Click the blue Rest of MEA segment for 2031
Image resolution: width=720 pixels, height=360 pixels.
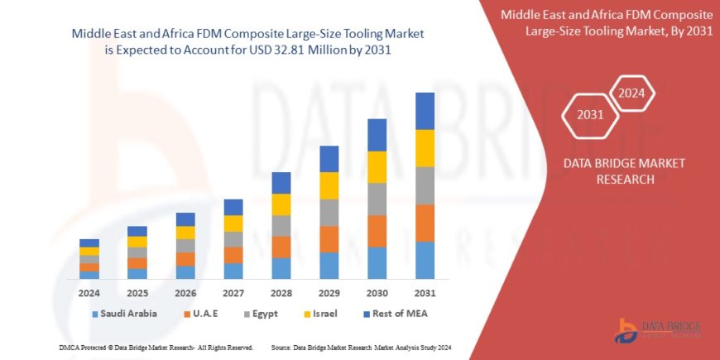(425, 111)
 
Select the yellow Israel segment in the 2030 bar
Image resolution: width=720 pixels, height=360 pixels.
(377, 167)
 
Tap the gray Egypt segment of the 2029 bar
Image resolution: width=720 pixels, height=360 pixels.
(329, 213)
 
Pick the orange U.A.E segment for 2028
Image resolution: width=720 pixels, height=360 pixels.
(281, 247)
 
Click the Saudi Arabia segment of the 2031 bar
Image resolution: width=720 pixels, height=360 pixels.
(425, 260)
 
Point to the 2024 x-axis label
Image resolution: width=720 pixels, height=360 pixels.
(89, 293)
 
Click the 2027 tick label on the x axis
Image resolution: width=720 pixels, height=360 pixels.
(233, 293)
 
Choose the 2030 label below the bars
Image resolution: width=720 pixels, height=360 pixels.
(377, 293)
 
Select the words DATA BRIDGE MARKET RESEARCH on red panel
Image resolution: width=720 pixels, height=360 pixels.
(612, 170)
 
